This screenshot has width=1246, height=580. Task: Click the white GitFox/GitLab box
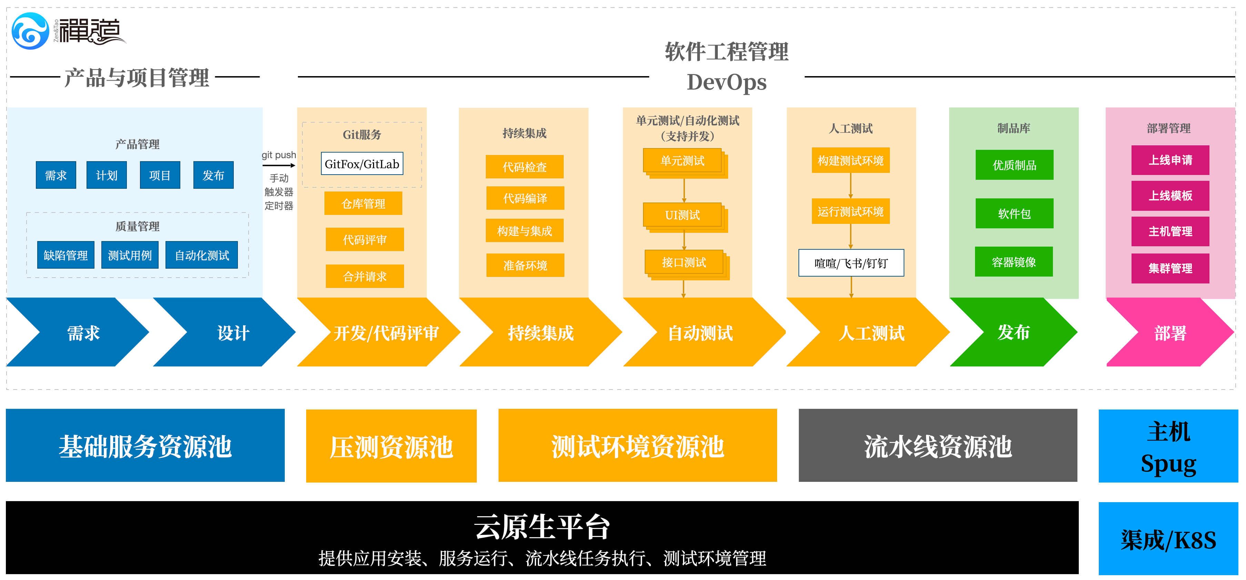tap(362, 164)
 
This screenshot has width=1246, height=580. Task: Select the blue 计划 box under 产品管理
tap(107, 175)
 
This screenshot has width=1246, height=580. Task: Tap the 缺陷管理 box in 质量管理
tap(66, 255)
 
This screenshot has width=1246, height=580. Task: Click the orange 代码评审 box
tap(365, 240)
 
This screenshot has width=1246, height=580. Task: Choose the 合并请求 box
tap(365, 277)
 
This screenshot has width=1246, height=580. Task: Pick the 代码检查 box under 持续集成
tap(525, 167)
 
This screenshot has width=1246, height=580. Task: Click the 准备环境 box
tap(525, 265)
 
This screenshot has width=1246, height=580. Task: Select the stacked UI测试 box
tap(683, 215)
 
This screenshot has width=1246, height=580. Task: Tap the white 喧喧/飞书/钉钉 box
tap(851, 263)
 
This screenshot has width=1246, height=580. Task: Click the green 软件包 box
tap(1014, 213)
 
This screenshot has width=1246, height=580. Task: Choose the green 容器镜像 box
tap(1014, 262)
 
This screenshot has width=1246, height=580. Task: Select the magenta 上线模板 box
tap(1170, 196)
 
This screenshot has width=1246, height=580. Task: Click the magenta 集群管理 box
tap(1170, 268)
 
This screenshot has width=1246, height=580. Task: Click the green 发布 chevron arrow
tap(1014, 332)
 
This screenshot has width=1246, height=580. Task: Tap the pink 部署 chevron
tap(1170, 332)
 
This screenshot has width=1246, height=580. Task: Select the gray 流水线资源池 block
tap(938, 446)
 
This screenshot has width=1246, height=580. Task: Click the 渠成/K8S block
tap(1168, 539)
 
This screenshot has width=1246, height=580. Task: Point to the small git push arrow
tap(279, 166)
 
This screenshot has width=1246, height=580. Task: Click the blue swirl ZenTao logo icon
tap(30, 31)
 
